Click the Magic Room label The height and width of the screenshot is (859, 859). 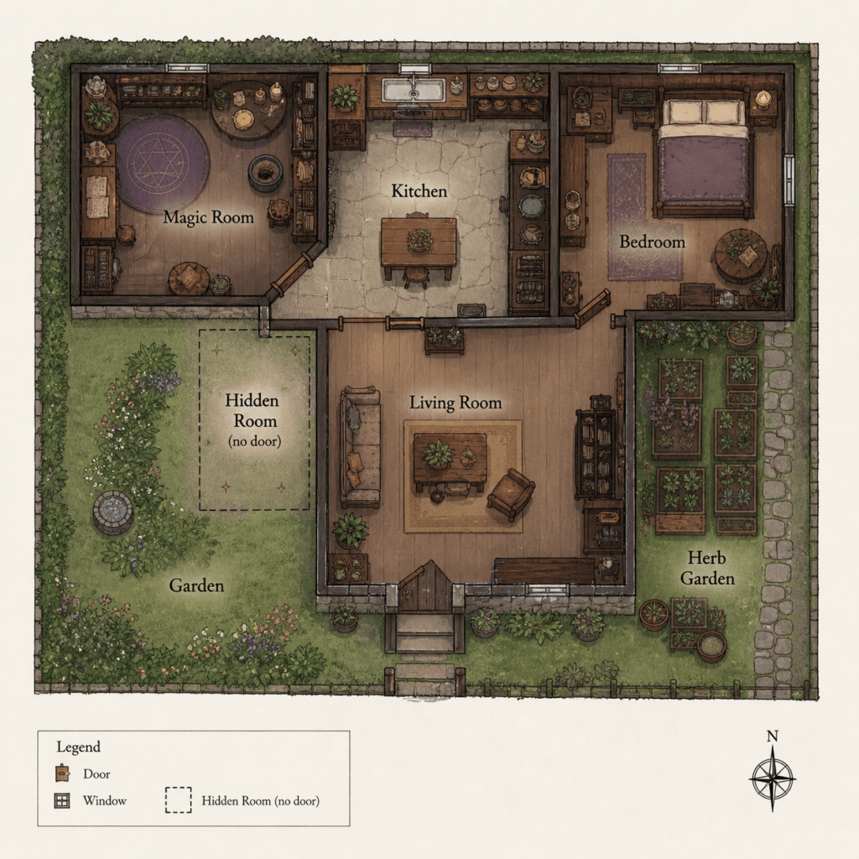pos(209,217)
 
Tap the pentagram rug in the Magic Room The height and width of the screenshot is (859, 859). pos(162,163)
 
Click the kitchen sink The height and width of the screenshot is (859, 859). pos(414,90)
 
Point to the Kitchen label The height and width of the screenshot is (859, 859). pos(419,190)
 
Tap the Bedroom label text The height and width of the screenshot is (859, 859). pos(652,242)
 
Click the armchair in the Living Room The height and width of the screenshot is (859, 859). pos(511,494)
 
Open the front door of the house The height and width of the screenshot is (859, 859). pos(424,586)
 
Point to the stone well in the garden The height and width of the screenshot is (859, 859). pos(113,513)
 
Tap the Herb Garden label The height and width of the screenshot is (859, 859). pos(706,568)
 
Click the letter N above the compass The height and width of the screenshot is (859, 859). pos(772,737)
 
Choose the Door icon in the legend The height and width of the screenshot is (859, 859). pos(63,773)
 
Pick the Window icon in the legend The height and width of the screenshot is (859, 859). pos(62,801)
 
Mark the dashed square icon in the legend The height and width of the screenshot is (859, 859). pos(179,799)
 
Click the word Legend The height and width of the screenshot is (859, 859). pos(78,747)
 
